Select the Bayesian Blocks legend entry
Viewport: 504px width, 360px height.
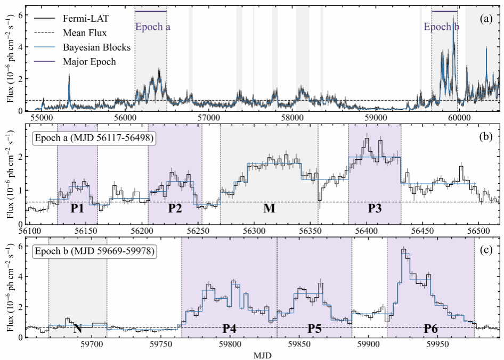pos(83,47)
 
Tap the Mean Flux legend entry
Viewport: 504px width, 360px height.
pos(71,33)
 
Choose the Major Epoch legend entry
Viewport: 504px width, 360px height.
pos(75,62)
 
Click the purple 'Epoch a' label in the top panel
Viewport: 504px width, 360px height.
pos(153,27)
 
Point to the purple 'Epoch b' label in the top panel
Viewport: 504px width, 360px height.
pos(442,27)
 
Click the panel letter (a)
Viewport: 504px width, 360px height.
pos(486,19)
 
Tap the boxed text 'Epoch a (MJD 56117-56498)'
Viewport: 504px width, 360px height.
pos(94,138)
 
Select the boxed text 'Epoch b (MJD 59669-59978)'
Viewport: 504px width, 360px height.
pos(94,251)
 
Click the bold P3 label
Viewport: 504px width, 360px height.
pos(375,209)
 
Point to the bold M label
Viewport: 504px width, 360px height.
pos(269,209)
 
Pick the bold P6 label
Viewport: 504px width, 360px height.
pos(430,329)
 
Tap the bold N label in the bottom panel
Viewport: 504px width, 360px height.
pos(77,329)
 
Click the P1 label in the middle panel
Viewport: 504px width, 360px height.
pos(77,209)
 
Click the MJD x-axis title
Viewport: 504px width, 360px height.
pos(263,355)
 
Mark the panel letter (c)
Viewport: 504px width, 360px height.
pos(486,250)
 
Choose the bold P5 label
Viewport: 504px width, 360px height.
pos(314,329)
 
